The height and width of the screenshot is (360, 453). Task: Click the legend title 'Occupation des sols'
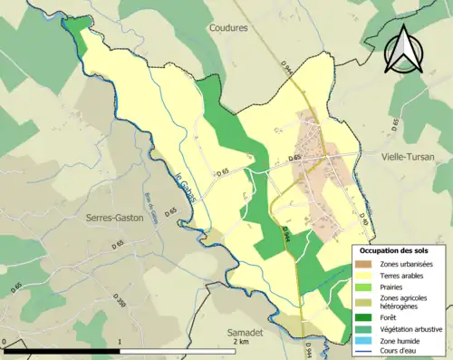click(400, 249)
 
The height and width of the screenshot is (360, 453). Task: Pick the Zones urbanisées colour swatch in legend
click(365, 263)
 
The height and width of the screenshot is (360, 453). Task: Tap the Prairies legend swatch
click(365, 288)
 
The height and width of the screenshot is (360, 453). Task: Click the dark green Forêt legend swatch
click(365, 317)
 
